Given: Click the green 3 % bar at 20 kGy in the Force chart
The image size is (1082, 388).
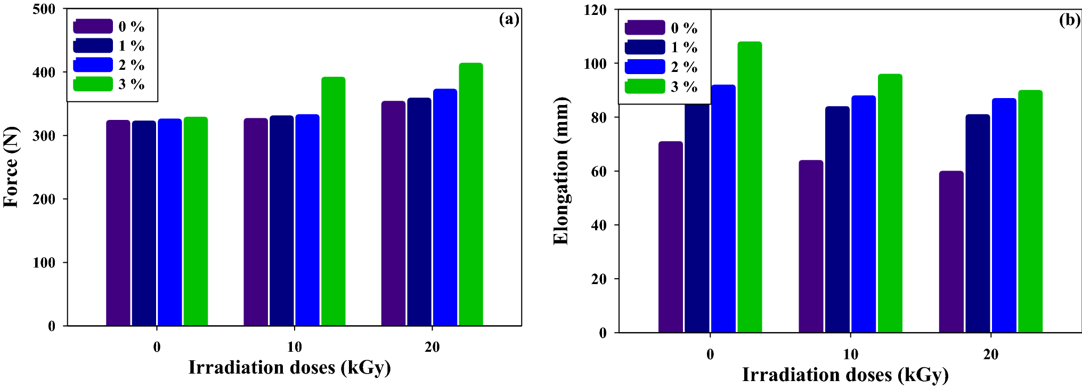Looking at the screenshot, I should [470, 195].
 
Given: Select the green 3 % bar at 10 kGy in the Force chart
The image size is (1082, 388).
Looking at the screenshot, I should [333, 201].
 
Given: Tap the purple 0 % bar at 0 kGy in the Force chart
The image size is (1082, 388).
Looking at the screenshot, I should [118, 223].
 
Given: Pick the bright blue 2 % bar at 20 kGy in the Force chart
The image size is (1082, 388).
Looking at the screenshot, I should [445, 207].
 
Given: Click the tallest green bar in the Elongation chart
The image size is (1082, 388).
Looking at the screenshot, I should [750, 187].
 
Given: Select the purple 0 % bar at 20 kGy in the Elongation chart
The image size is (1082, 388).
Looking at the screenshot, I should [951, 252].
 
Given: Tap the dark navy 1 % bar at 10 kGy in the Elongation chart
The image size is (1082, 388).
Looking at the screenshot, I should [837, 220].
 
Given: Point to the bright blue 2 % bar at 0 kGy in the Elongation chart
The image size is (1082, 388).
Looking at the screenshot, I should [723, 209].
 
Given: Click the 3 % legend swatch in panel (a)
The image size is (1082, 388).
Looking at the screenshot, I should [93, 84].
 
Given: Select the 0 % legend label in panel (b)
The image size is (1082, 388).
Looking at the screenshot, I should [684, 28].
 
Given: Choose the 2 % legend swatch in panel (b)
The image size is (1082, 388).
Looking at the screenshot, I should [645, 67].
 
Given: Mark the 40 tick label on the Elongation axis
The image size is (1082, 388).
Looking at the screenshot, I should [599, 225].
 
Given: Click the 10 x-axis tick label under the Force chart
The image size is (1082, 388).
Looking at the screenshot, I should [294, 347].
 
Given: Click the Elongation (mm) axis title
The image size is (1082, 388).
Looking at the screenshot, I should [561, 171].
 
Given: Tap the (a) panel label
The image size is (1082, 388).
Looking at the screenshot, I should [508, 19].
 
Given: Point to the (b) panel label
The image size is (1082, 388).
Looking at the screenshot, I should [1069, 20].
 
